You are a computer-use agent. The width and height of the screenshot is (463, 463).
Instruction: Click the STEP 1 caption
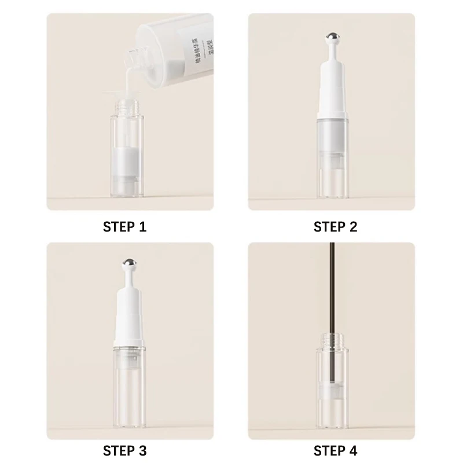(124, 226)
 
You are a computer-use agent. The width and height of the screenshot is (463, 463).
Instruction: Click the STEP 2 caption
(335, 226)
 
